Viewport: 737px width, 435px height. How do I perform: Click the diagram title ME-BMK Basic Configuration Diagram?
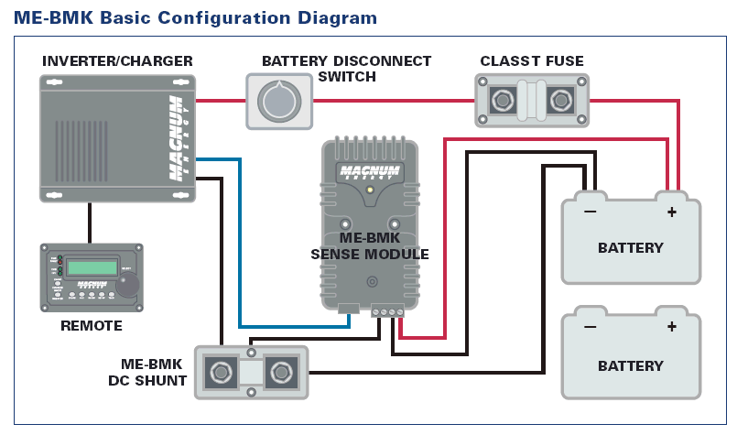tap(195, 17)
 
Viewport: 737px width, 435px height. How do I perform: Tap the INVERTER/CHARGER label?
tap(117, 61)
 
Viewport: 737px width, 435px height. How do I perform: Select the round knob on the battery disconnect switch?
tap(278, 100)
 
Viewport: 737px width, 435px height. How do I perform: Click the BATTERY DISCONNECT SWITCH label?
tap(346, 69)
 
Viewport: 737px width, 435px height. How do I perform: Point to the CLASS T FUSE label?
tap(531, 61)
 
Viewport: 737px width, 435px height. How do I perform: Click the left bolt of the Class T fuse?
tap(502, 100)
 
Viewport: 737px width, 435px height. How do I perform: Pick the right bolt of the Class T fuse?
tap(559, 100)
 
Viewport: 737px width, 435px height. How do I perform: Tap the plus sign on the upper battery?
tap(671, 212)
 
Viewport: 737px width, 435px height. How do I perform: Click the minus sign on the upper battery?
tap(590, 212)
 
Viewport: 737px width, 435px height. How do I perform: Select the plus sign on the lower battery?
tap(671, 327)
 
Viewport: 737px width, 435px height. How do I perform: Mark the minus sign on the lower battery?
tap(590, 327)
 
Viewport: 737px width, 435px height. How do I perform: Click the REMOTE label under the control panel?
tap(92, 325)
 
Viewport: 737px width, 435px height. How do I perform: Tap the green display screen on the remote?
tap(92, 267)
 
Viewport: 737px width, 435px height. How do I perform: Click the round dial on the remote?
tap(128, 284)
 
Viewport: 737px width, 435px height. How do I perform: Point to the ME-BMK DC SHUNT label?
tap(154, 373)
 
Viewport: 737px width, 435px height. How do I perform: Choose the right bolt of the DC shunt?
tap(281, 373)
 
